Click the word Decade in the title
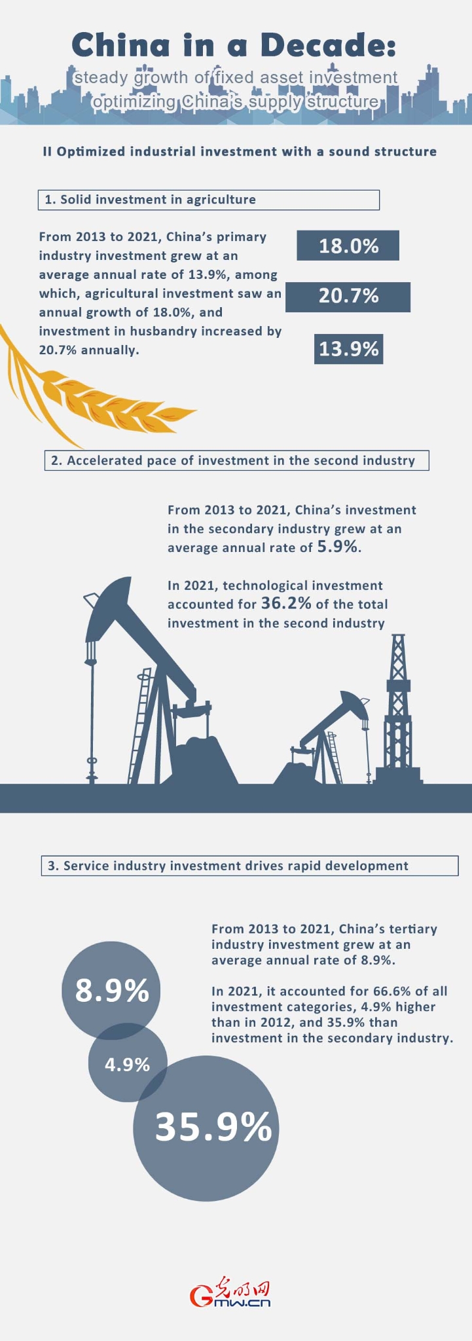click(x=328, y=45)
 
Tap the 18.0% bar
click(x=348, y=246)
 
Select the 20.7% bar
click(x=348, y=297)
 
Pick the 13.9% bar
click(x=348, y=348)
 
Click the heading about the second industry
click(x=240, y=460)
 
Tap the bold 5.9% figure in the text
click(x=338, y=547)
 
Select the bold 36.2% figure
click(x=286, y=604)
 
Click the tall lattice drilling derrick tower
click(x=398, y=707)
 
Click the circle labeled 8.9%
click(x=111, y=991)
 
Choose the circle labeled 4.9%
click(x=127, y=1064)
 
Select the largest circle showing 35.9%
click(x=207, y=1127)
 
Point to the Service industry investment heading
click(x=236, y=866)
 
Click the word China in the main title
click(x=121, y=45)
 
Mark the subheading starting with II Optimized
click(x=240, y=151)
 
